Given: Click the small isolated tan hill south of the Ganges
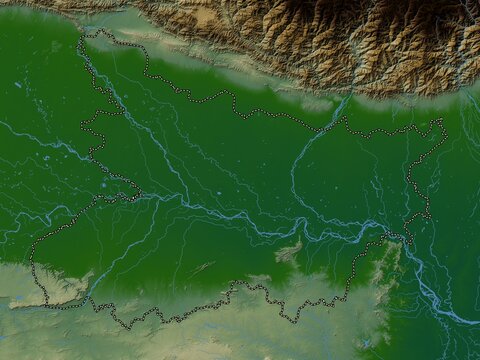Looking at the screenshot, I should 288,252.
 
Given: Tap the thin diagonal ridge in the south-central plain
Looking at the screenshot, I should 201,269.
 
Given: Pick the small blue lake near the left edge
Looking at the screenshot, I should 18,85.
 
